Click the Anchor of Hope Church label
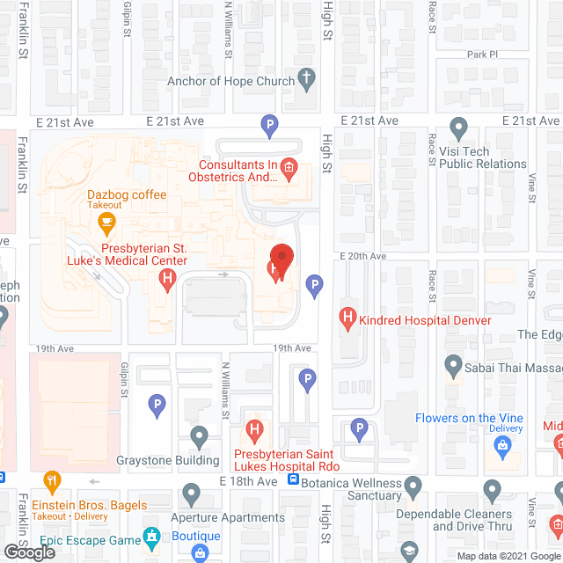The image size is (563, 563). click(x=231, y=83)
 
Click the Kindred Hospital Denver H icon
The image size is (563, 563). click(x=347, y=318)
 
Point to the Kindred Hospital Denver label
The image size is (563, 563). click(x=426, y=320)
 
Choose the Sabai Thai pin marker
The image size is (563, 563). click(x=453, y=363)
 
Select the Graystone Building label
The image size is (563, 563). click(x=168, y=460)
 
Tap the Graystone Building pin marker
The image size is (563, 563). click(x=200, y=435)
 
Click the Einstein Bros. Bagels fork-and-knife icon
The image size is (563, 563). click(x=52, y=481)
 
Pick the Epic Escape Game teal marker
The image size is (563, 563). click(x=151, y=535)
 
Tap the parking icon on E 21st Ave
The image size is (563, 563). click(x=270, y=127)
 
